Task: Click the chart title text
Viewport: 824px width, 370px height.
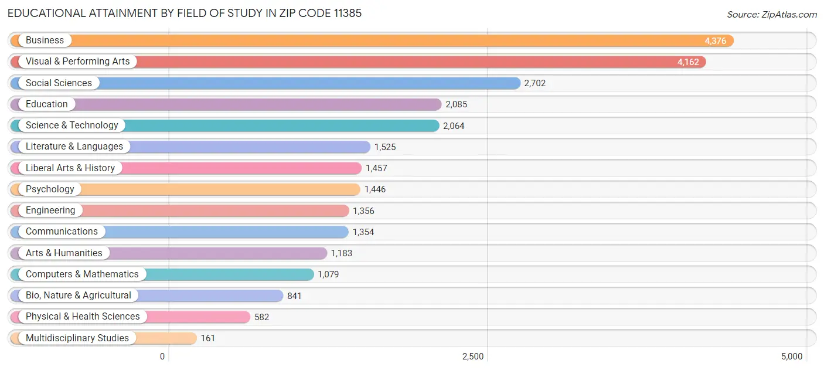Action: point(185,13)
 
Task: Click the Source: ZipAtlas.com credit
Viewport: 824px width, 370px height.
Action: point(771,15)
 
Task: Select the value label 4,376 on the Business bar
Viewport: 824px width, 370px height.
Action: point(715,41)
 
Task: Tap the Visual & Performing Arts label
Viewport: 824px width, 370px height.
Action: point(77,62)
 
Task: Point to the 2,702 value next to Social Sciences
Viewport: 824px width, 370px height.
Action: point(534,83)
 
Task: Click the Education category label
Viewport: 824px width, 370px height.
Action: point(47,104)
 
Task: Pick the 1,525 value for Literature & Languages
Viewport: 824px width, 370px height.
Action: point(385,147)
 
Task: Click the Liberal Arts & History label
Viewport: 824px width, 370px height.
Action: point(70,168)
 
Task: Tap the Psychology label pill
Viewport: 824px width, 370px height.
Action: point(50,189)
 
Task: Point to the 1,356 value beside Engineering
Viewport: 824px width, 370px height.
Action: point(363,211)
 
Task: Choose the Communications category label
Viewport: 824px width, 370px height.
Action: point(62,232)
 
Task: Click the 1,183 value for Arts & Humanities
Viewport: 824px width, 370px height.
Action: point(342,253)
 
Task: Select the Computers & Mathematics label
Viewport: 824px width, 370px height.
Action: point(82,274)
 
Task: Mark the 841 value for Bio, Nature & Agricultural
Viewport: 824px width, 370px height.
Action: point(294,296)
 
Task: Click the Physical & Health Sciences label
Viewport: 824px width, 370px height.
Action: point(83,317)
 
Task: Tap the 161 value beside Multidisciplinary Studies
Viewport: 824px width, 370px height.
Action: point(207,338)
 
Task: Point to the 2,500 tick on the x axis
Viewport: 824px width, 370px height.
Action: point(473,357)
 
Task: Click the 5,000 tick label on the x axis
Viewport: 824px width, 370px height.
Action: point(791,357)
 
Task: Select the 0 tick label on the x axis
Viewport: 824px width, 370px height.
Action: point(162,357)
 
